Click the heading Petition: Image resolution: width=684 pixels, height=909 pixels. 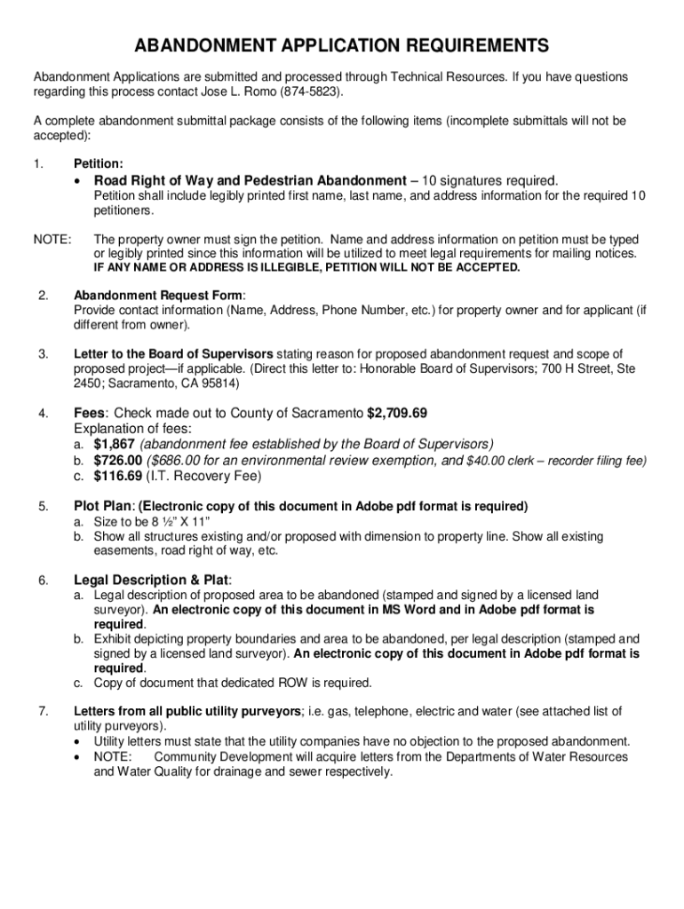tap(99, 164)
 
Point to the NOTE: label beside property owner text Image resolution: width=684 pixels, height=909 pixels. tap(52, 240)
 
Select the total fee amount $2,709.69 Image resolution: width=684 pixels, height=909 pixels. tap(398, 413)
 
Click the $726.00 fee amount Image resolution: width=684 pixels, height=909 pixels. tap(118, 460)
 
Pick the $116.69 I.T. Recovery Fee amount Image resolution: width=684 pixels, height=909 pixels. tap(118, 476)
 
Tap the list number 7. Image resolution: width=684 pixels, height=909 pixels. tap(44, 711)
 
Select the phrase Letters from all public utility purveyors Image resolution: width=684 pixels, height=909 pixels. tap(187, 711)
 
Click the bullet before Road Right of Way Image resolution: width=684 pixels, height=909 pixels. tap(79, 181)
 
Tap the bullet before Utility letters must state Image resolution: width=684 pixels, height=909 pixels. tap(79, 741)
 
